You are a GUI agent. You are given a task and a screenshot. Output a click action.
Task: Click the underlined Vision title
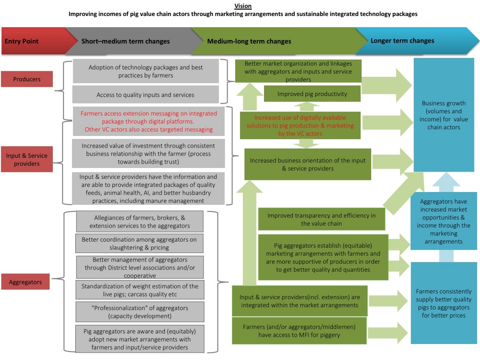click(x=243, y=6)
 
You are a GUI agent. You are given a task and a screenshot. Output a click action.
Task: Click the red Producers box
click(x=27, y=79)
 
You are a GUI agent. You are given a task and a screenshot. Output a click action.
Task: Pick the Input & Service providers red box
click(x=27, y=159)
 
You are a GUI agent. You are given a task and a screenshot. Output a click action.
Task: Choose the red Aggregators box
click(x=25, y=282)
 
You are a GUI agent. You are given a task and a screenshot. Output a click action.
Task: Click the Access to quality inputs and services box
click(x=146, y=95)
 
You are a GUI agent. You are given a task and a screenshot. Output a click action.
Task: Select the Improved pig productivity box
click(x=312, y=94)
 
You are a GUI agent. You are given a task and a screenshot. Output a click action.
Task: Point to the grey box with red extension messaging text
click(x=148, y=121)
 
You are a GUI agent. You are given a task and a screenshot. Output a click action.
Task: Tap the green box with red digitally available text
click(x=300, y=126)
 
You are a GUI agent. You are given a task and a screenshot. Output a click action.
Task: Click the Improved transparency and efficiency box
click(x=322, y=219)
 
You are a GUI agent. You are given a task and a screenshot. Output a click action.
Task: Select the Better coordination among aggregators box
click(x=139, y=243)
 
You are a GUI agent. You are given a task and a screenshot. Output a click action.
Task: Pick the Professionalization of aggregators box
click(x=140, y=312)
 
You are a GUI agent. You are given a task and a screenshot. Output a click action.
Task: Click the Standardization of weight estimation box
click(x=140, y=290)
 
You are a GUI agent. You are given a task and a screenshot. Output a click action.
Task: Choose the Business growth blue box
click(x=444, y=115)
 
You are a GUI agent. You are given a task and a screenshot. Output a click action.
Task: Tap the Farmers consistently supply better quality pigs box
click(x=444, y=303)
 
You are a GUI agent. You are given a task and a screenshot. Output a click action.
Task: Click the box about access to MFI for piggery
click(x=299, y=331)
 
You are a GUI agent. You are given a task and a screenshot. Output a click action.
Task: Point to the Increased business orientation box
click(x=308, y=164)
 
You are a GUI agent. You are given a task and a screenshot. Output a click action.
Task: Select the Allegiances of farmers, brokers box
click(x=140, y=222)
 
